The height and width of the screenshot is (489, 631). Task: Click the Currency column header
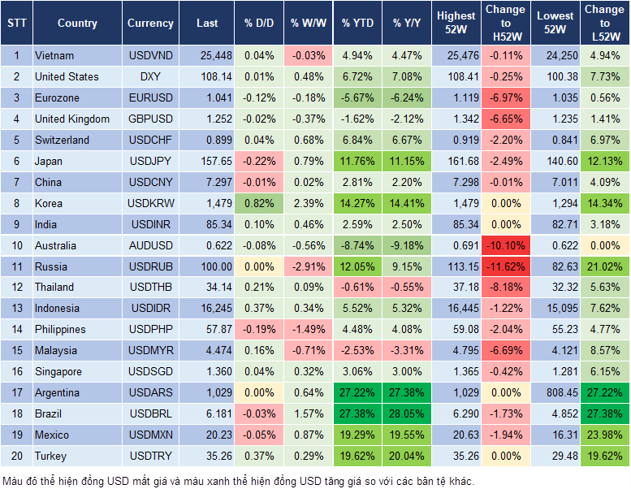pos(150,24)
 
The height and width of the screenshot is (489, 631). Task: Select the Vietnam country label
pos(54,55)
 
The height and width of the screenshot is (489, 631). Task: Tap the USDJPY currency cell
pos(150,161)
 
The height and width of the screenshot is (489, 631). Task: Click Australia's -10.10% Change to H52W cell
pos(505,245)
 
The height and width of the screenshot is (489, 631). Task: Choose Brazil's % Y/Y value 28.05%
pos(408,413)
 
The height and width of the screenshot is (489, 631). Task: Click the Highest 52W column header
pos(456,24)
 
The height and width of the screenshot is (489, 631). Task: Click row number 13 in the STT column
pos(16,308)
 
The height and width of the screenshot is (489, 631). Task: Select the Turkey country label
pos(50,456)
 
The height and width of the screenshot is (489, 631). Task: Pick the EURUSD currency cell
pos(150,97)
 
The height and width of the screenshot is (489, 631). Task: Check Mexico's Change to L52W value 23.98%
pos(604,435)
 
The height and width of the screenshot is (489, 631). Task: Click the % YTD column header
pos(358,24)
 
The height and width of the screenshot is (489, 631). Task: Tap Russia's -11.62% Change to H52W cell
pos(505,266)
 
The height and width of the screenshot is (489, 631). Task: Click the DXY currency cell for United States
pos(150,76)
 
